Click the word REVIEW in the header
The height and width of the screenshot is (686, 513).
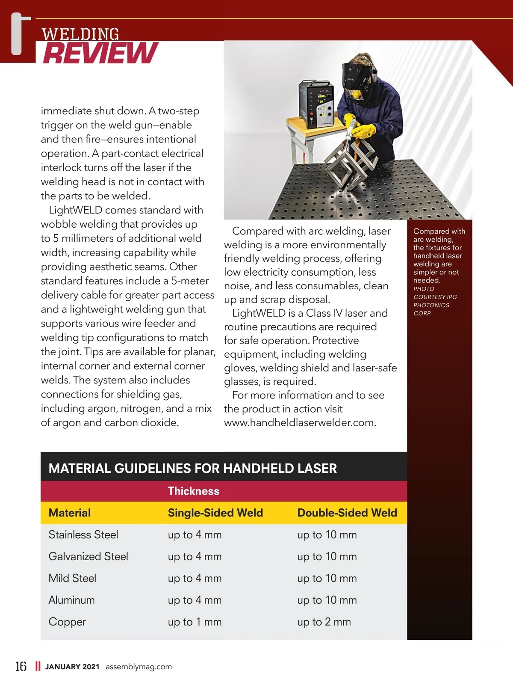point(101,53)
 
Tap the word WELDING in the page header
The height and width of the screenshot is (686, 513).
point(80,34)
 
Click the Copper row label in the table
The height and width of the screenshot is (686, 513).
point(67,622)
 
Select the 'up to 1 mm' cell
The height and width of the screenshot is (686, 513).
point(195,622)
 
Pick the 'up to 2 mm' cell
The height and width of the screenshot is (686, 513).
point(324,622)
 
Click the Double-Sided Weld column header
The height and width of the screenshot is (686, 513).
point(347,513)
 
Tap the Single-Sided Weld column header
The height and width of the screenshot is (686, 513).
point(215,513)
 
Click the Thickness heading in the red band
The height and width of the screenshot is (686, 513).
point(193,491)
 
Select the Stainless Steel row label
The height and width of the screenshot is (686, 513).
point(83,535)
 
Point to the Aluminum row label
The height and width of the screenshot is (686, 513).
point(71,600)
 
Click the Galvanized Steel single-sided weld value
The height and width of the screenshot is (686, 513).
point(195,556)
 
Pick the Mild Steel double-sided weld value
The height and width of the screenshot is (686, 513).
point(327,578)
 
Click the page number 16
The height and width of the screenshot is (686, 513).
point(21,666)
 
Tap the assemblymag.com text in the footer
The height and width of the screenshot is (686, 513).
point(139,666)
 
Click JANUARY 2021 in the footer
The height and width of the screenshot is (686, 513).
point(72,666)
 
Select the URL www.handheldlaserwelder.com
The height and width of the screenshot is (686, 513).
point(300,422)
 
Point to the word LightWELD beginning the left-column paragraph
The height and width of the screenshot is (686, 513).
point(76,210)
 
